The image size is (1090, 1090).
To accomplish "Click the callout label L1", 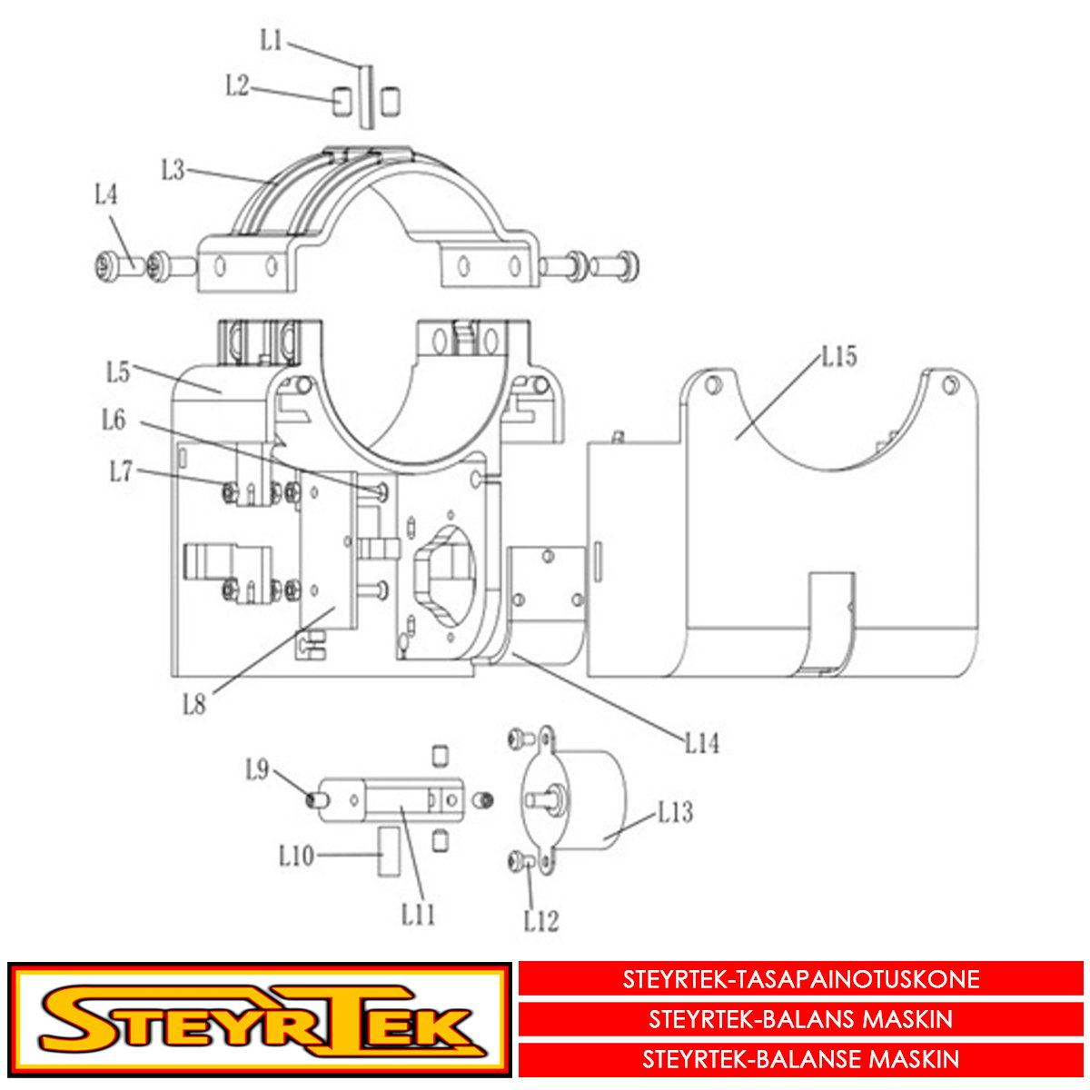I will pyautogui.click(x=271, y=41).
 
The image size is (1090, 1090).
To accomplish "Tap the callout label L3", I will pyautogui.click(x=173, y=170).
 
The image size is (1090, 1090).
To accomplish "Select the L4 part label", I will pyautogui.click(x=106, y=194).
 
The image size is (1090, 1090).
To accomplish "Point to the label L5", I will pyautogui.click(x=118, y=372).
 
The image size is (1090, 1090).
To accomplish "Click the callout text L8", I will pyautogui.click(x=194, y=704).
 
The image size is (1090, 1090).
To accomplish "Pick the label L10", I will pyautogui.click(x=296, y=856).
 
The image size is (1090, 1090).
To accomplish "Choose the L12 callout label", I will pyautogui.click(x=541, y=921).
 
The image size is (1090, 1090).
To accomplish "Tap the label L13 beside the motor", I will pyautogui.click(x=676, y=812).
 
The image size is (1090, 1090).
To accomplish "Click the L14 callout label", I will pyautogui.click(x=702, y=743).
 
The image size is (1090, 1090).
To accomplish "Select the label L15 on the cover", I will pyautogui.click(x=839, y=357).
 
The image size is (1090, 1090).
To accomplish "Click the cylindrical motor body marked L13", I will pyautogui.click(x=590, y=799).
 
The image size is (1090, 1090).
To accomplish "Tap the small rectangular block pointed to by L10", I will pyautogui.click(x=388, y=851).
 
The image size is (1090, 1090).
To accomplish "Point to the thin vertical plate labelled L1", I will pyautogui.click(x=365, y=95).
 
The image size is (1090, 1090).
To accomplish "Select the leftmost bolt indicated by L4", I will pyautogui.click(x=114, y=267).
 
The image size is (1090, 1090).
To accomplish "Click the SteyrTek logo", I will pyautogui.click(x=259, y=1019).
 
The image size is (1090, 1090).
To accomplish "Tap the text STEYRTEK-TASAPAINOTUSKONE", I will pyautogui.click(x=801, y=979).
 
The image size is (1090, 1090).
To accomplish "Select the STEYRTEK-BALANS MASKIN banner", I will pyautogui.click(x=801, y=1019).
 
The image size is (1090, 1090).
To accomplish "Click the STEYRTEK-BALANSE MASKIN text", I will pyautogui.click(x=801, y=1059).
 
